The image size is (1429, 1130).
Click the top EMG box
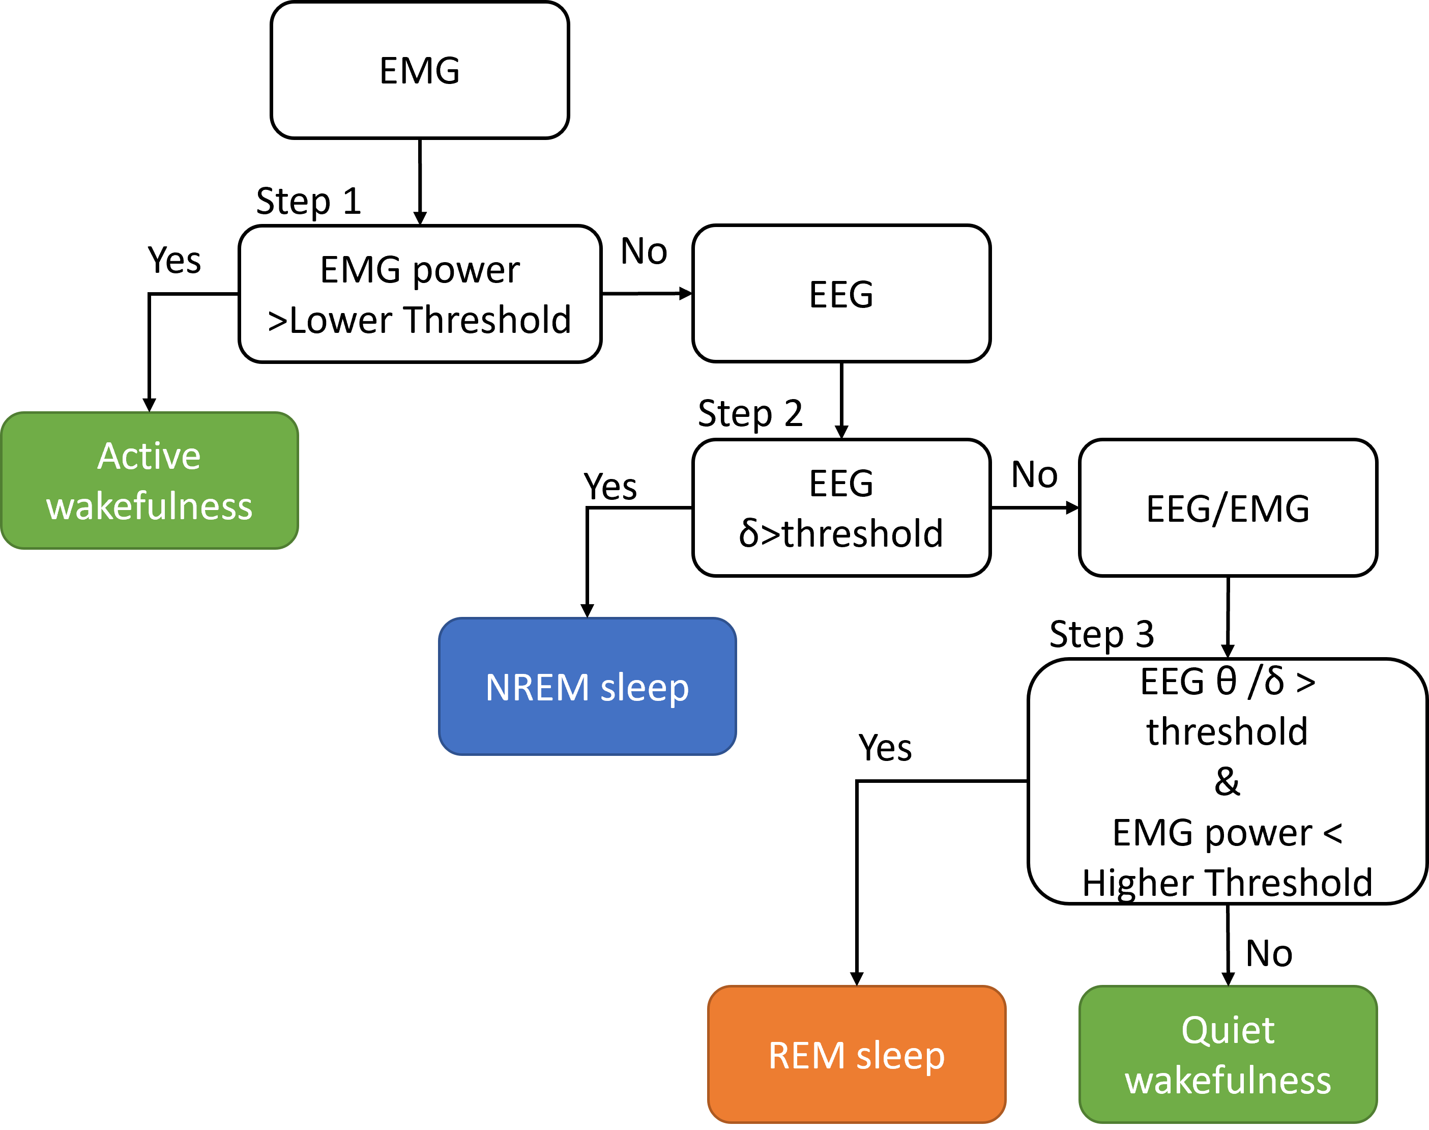coord(419,70)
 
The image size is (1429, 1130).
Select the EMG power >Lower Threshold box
coord(419,294)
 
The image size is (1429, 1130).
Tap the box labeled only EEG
coord(840,294)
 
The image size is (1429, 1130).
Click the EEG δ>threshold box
coord(840,507)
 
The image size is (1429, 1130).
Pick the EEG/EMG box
coord(1228,507)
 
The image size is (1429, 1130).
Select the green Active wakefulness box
coord(150,481)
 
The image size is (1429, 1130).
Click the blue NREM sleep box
coord(587,687)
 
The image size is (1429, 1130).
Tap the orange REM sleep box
coord(856,1055)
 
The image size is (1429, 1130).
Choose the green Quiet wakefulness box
coord(1228,1055)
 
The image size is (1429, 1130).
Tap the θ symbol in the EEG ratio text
coord(1226,682)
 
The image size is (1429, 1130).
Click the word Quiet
coord(1228,1031)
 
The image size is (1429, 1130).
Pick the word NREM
coord(537,687)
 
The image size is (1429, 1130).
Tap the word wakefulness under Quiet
coord(1228,1081)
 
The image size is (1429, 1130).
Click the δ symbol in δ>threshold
coord(749,533)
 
